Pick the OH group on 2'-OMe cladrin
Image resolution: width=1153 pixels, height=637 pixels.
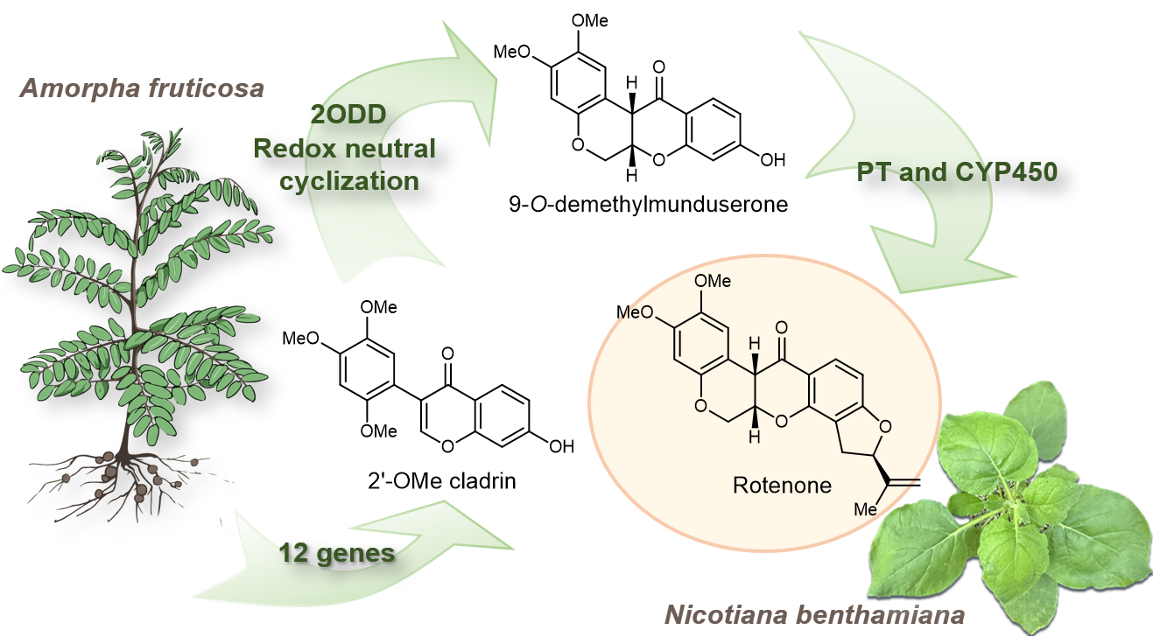point(561,446)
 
